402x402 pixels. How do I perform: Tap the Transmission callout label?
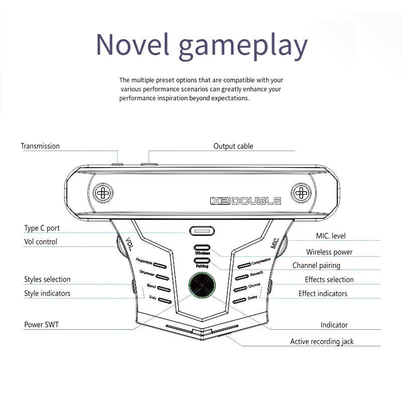40,146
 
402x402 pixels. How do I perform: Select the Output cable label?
233,146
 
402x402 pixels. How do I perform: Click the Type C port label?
42,228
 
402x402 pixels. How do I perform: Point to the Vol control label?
41,241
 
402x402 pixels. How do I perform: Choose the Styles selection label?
47,279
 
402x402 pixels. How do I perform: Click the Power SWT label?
41,325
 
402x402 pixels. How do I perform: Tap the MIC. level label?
331,235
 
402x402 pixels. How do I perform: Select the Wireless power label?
329,252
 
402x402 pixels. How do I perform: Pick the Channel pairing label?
316,265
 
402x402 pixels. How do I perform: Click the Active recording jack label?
322,341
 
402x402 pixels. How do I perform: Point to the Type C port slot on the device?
202,232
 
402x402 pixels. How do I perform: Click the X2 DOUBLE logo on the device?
245,201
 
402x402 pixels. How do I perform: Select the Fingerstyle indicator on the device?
160,264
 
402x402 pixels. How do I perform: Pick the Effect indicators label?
323,293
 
